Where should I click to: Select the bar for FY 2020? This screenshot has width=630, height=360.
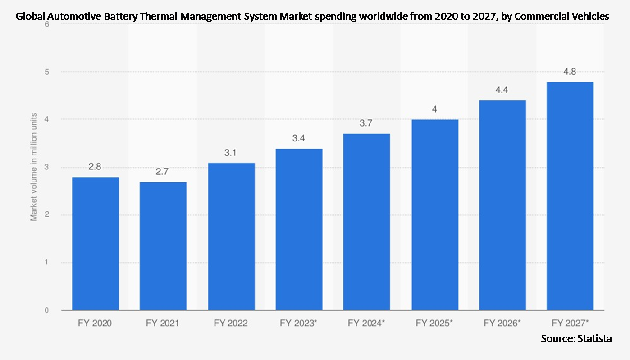pos(95,243)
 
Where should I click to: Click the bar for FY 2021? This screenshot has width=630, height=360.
pos(163,246)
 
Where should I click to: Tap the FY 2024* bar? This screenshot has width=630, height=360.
pos(366,222)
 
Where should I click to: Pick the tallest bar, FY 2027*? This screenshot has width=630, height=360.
pos(570,196)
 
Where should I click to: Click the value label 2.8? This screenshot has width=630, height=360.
pos(95,167)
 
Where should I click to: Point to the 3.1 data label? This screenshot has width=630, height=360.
pos(231,153)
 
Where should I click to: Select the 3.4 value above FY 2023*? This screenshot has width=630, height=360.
pos(298,138)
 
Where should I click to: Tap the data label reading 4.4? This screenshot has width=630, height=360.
pos(502,90)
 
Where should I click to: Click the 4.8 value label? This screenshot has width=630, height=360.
pos(570,72)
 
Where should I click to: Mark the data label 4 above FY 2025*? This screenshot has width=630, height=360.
pos(434,109)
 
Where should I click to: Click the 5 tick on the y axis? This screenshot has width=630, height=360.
pos(47,72)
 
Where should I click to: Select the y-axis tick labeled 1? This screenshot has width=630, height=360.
pos(47,263)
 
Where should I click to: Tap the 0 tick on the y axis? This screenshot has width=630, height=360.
pos(47,310)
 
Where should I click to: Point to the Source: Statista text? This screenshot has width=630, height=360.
pos(576,338)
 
